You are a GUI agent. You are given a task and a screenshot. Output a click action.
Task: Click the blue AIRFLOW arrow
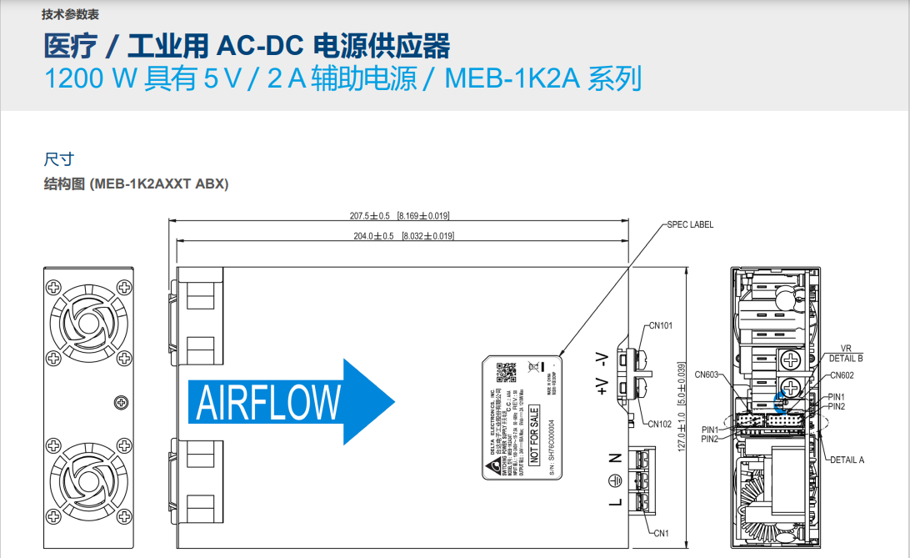(283, 403)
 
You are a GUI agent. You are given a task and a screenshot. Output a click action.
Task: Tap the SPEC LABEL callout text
(690, 224)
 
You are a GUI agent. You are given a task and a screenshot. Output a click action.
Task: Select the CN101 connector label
(660, 326)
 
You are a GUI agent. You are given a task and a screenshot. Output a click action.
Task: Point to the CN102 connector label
(660, 424)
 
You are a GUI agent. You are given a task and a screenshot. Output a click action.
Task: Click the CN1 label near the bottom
(661, 533)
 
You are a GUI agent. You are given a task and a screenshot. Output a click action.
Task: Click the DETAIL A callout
(847, 460)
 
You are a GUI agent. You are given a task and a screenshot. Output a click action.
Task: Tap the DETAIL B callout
(846, 358)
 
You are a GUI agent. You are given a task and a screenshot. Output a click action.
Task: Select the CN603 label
(707, 375)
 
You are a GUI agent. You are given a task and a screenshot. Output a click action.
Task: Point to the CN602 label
(842, 375)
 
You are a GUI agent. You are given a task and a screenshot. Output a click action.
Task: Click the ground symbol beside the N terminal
(615, 480)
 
